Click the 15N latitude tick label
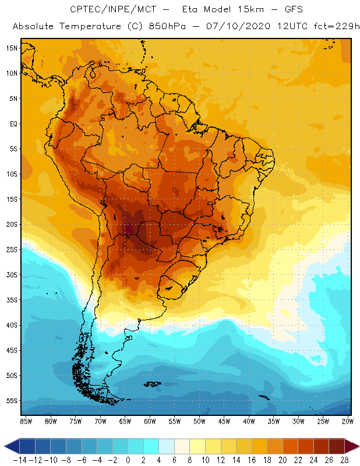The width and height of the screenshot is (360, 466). pos(12,48)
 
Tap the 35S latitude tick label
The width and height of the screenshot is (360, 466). pos(12,300)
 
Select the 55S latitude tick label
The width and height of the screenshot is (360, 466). pos(12,401)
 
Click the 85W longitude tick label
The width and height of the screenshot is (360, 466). pos(26,421)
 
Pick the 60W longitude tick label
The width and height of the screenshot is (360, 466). pos(150,421)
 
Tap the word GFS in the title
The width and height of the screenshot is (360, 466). pos(282,10)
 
